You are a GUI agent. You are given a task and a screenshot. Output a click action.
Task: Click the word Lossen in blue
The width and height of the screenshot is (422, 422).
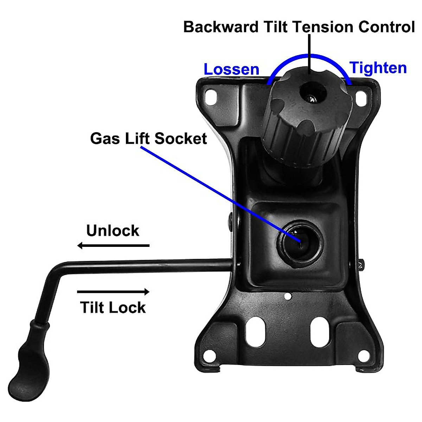[x=231, y=69]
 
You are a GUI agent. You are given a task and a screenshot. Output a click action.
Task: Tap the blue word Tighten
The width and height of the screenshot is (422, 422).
[x=378, y=68]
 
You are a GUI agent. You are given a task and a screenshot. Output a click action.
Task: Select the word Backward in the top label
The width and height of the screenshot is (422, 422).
[x=221, y=27]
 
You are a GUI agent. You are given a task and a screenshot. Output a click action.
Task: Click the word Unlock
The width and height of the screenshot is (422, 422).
[x=113, y=231]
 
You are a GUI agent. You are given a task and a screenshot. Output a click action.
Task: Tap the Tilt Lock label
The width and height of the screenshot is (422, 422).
[x=113, y=307]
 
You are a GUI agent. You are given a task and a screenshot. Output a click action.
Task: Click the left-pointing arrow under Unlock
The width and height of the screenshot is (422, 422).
[x=113, y=245]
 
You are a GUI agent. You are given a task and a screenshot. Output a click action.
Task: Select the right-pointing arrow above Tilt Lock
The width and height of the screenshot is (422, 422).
[x=113, y=292]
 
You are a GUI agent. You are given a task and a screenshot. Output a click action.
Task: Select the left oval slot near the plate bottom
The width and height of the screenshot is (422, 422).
[x=255, y=331]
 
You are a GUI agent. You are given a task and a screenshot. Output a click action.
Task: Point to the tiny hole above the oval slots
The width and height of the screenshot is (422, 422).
[x=288, y=296]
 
